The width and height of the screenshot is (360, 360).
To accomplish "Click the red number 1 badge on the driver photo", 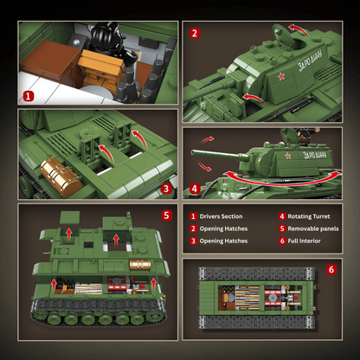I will click(29, 98).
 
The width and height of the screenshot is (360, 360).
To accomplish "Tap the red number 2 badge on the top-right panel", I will click(195, 34).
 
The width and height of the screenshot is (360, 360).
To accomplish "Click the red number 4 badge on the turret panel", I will click(195, 187).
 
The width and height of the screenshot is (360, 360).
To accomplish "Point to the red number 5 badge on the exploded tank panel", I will click(167, 215).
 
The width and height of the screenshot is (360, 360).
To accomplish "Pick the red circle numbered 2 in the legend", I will click(195, 230).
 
